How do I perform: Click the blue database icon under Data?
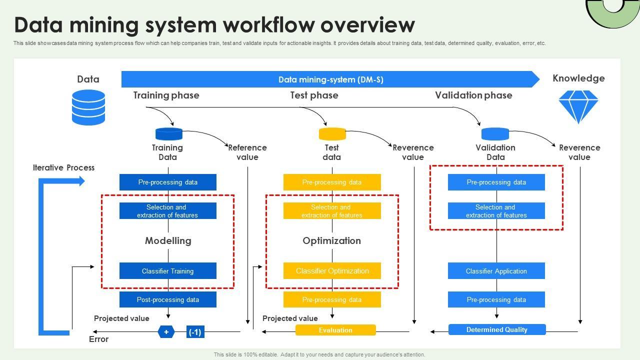click(88, 107)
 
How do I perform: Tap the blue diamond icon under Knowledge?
click(578, 106)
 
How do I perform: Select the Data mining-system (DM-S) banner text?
click(330, 79)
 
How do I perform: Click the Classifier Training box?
click(167, 271)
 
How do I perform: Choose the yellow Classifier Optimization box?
click(332, 271)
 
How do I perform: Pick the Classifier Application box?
click(496, 271)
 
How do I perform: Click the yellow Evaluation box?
click(335, 330)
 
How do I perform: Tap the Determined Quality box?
click(496, 329)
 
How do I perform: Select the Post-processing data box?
click(167, 299)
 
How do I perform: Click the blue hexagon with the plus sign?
click(166, 331)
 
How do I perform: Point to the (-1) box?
click(195, 332)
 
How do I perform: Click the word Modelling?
click(168, 240)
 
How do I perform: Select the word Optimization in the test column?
click(331, 240)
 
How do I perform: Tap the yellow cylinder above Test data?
click(332, 134)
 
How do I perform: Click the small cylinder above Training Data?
click(169, 133)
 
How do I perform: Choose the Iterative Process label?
click(63, 167)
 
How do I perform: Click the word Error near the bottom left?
click(98, 339)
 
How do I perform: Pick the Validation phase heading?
click(473, 95)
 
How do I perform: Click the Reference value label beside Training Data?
click(247, 152)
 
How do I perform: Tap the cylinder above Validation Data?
click(495, 133)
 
